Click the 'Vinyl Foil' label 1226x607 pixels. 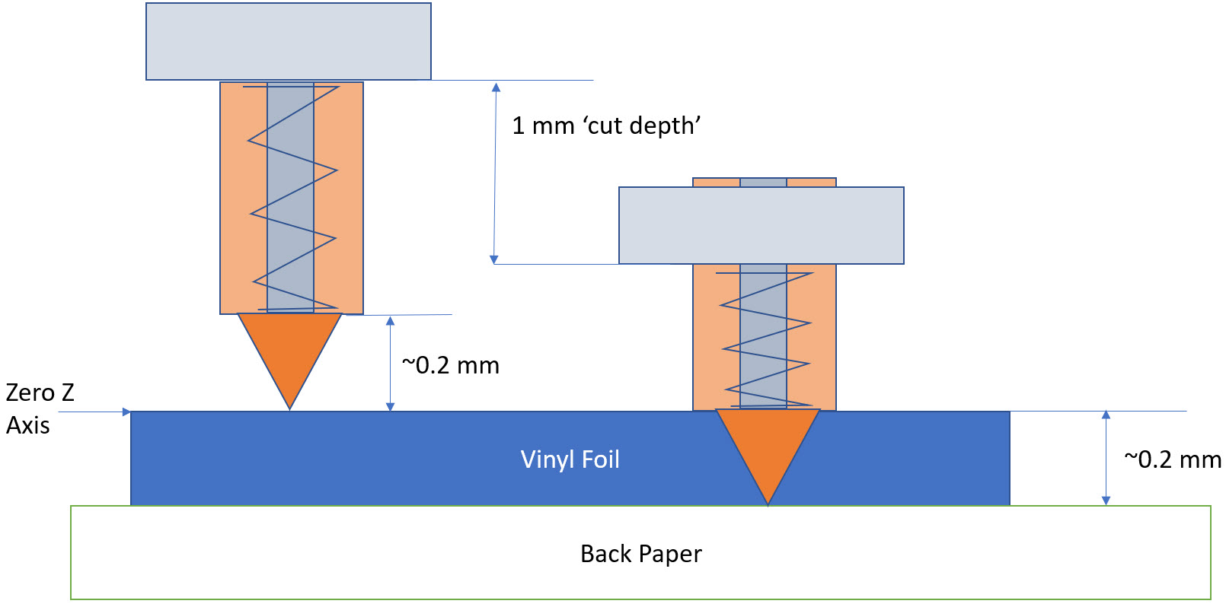(570, 459)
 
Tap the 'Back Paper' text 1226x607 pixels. (640, 554)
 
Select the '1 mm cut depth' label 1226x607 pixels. (605, 126)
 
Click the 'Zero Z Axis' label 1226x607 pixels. (40, 408)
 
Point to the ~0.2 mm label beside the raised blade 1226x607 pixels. (450, 366)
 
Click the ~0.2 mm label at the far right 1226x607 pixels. (1173, 459)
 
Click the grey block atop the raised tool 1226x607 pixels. (289, 41)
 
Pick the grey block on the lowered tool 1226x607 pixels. (761, 225)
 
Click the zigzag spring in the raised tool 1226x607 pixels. (292, 198)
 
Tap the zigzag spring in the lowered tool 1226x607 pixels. (765, 338)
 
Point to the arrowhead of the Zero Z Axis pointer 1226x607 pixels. (126, 412)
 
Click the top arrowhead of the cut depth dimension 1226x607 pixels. (496, 87)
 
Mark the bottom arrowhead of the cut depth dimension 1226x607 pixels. (494, 259)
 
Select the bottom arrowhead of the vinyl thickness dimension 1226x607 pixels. (1106, 500)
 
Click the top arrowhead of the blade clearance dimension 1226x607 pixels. (390, 321)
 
